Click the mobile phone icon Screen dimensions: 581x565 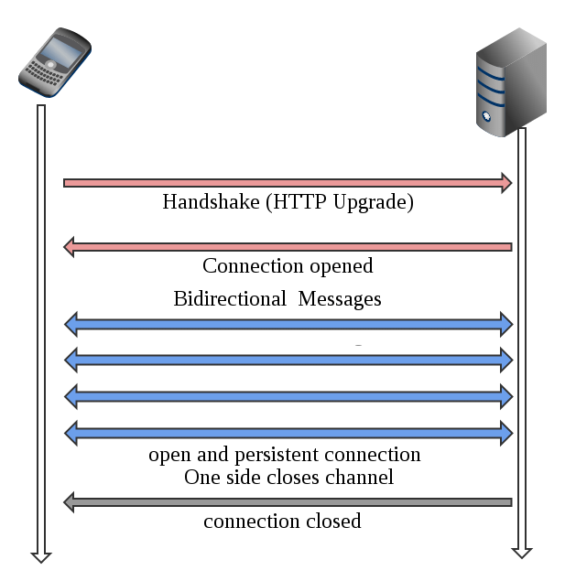56,59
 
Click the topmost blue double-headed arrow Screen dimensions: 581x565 288,322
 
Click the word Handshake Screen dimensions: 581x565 211,202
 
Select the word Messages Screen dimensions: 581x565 340,299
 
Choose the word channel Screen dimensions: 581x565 362,477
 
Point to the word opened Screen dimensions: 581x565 342,267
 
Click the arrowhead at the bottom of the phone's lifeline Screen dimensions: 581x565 40,554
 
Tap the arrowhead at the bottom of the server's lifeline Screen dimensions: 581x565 522,550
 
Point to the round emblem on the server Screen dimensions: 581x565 485,118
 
